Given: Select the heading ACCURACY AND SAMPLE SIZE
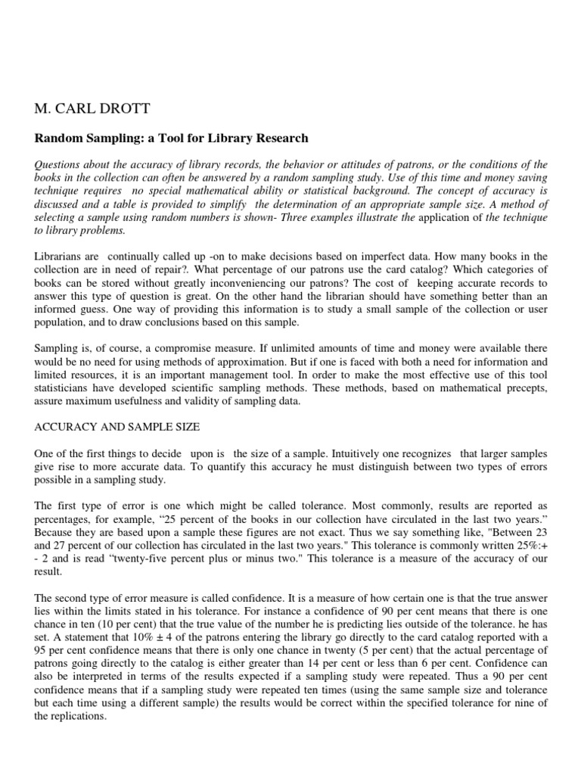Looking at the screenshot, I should pyautogui.click(x=117, y=427).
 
